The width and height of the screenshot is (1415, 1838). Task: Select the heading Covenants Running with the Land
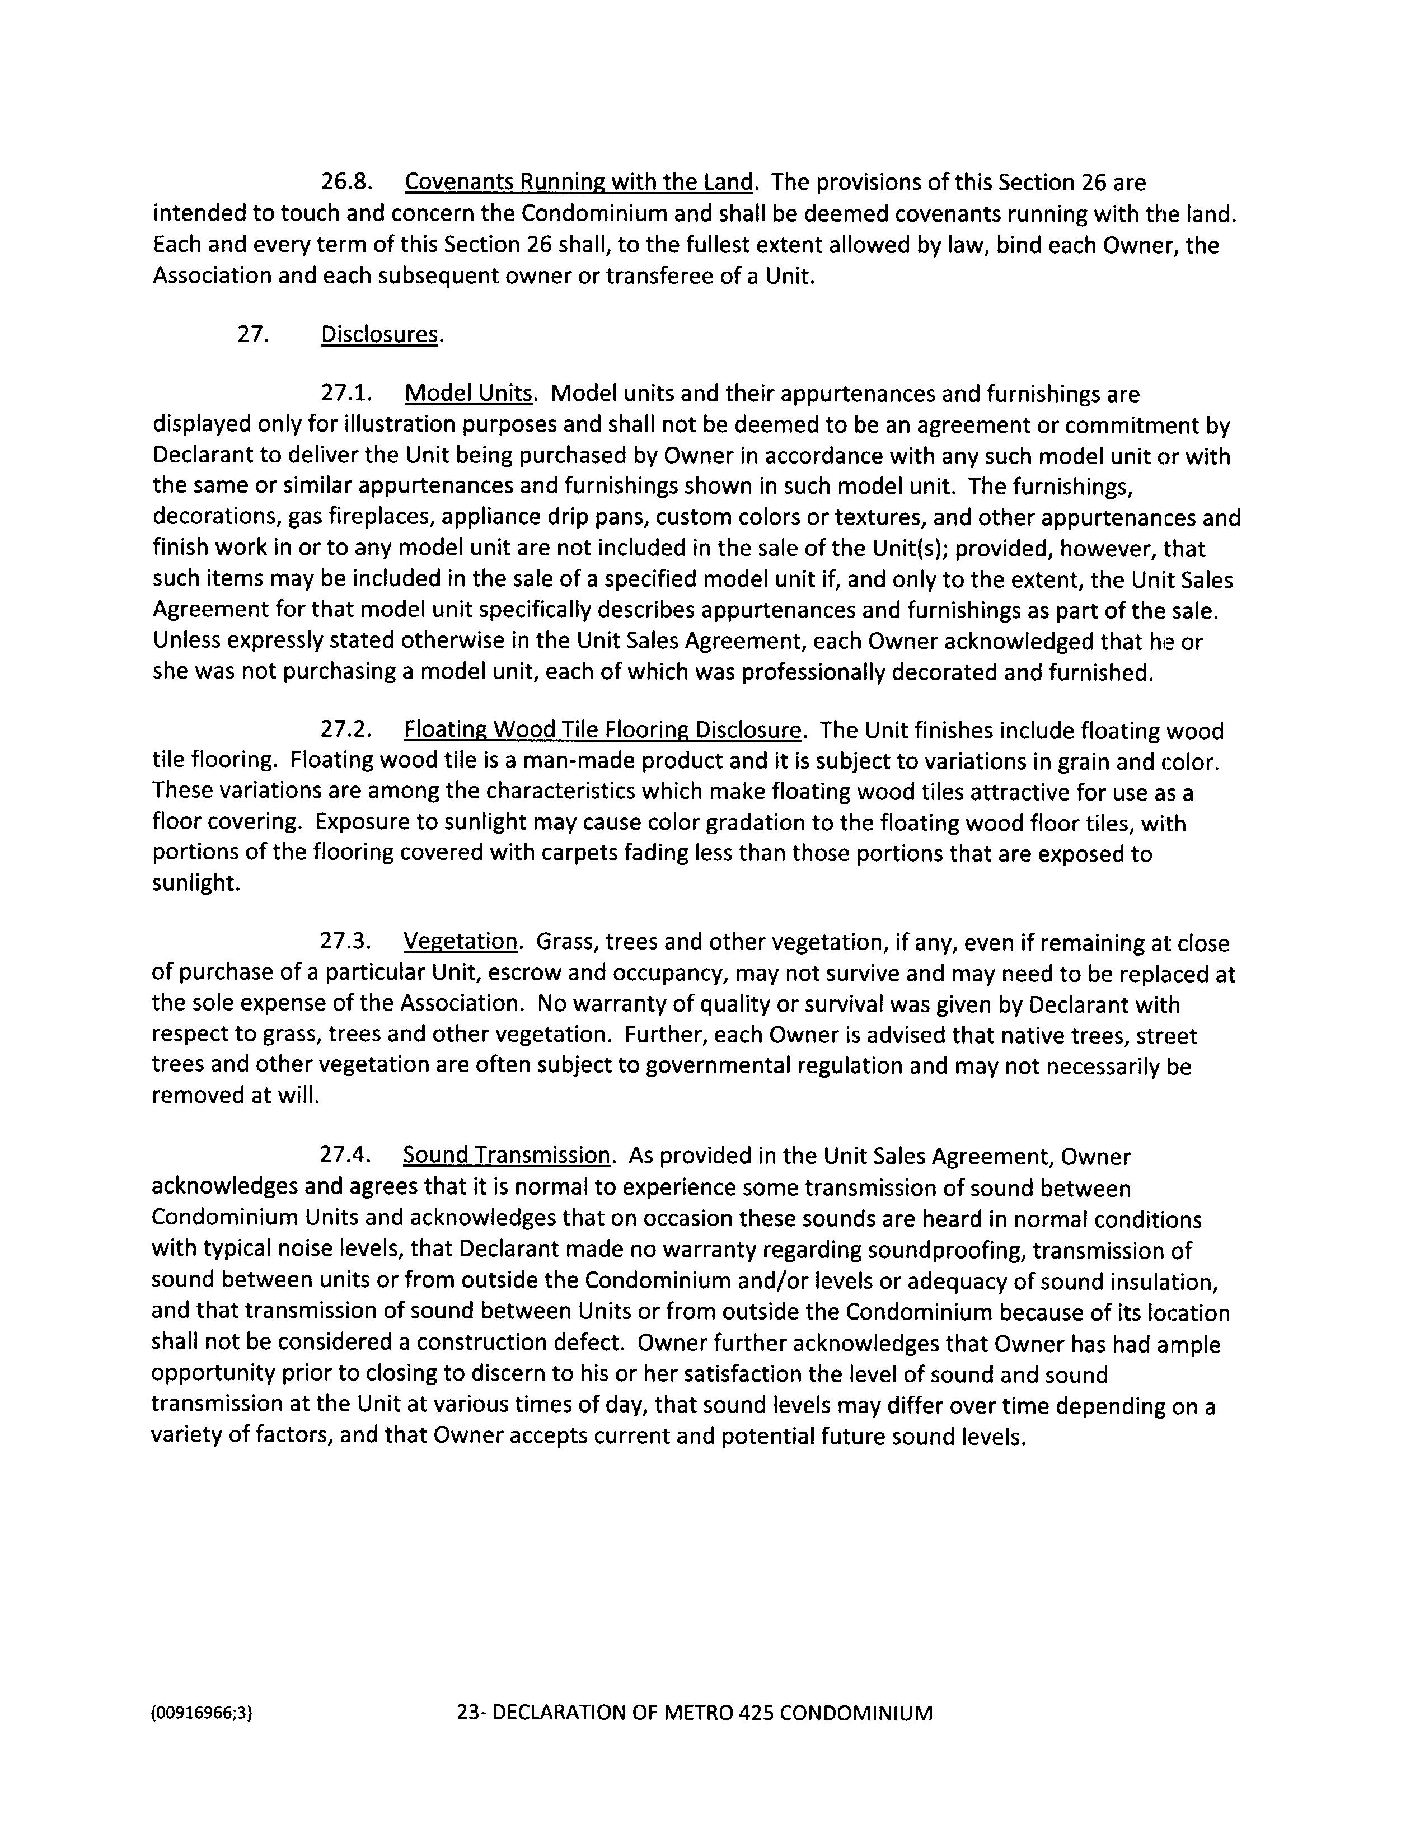pyautogui.click(x=579, y=183)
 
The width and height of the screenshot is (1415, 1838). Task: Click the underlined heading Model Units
pyautogui.click(x=468, y=394)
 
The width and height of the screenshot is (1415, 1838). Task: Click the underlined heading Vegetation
pyautogui.click(x=460, y=942)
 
